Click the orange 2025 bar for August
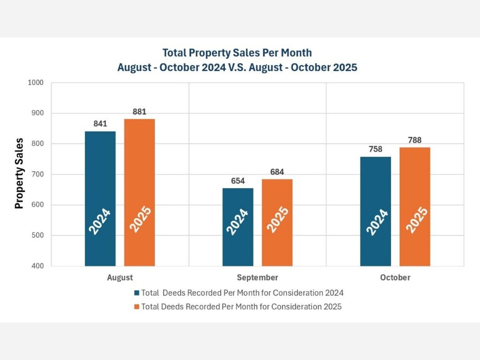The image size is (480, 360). pos(139,192)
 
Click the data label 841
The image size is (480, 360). pos(100,124)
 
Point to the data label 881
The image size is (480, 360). pos(139,112)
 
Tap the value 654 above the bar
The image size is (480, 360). pos(238,181)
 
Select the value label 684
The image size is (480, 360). pos(277,172)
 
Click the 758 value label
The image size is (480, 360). pos(375,149)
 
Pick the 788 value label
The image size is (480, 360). pos(415,140)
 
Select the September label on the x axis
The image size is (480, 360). pos(257,278)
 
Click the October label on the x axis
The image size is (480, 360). pos(395,278)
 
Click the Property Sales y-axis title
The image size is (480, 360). pos(19,174)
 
